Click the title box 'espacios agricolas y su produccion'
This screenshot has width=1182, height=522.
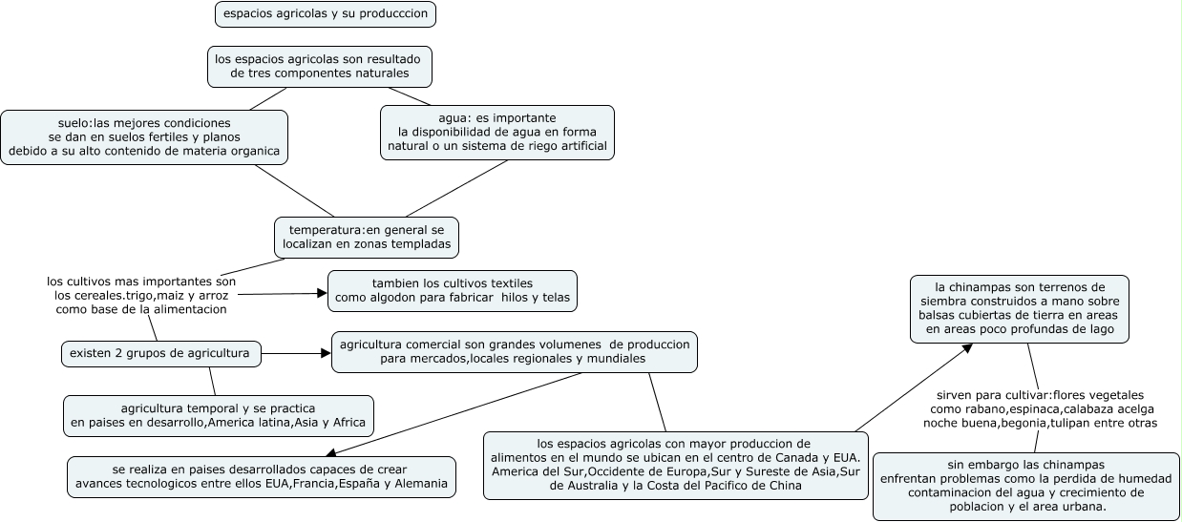[326, 13]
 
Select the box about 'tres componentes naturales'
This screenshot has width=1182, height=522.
[320, 66]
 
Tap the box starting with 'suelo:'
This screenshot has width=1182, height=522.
[143, 136]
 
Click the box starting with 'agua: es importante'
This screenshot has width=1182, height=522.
[496, 132]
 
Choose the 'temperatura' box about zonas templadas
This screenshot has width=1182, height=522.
[367, 237]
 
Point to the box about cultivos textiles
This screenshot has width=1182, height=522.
[452, 290]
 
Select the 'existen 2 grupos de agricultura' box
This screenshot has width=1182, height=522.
[160, 353]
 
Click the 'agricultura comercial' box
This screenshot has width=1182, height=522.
[514, 351]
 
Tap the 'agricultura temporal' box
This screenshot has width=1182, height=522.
[218, 415]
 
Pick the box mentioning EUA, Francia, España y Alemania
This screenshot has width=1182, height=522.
[261, 476]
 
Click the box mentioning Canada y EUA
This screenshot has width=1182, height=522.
[676, 465]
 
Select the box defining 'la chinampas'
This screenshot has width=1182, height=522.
[1019, 307]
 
